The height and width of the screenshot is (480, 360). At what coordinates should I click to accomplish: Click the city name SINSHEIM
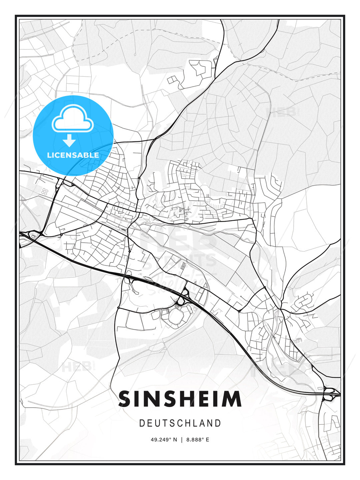(x=180, y=399)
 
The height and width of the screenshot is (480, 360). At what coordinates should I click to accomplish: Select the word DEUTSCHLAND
(x=180, y=423)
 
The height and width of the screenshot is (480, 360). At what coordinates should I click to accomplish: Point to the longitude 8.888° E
(x=198, y=440)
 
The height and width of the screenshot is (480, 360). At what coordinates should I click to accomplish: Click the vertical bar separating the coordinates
(x=182, y=440)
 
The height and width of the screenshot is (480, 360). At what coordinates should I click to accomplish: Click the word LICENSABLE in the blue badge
(x=73, y=155)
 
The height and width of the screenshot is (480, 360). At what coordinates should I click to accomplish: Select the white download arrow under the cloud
(x=70, y=140)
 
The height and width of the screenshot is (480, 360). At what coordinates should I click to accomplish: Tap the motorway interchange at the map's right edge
(x=330, y=393)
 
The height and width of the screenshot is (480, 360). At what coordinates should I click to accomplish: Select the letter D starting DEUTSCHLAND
(x=142, y=423)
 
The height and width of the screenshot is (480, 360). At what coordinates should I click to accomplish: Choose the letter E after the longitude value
(x=208, y=440)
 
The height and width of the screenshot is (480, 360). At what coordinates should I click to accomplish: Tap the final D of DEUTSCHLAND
(x=218, y=423)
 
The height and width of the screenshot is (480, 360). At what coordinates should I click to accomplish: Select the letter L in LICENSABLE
(x=49, y=155)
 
